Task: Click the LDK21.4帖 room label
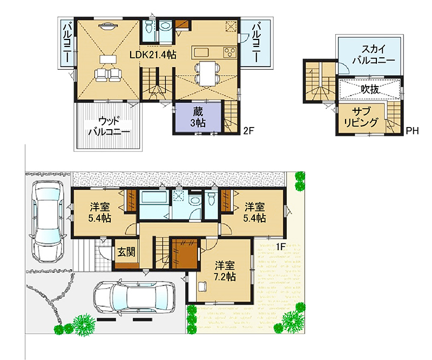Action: [153, 55]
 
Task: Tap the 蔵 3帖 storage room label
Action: [198, 117]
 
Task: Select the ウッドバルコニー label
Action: [109, 126]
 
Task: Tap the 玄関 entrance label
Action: [126, 252]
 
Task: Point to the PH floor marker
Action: [413, 131]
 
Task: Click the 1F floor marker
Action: [280, 246]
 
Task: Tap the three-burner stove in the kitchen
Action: [230, 52]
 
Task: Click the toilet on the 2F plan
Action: [149, 27]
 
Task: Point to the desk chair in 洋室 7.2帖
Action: [202, 286]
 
